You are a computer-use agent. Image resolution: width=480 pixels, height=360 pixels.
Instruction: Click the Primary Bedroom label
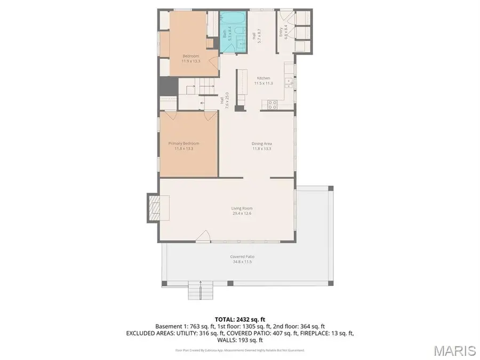(184, 143)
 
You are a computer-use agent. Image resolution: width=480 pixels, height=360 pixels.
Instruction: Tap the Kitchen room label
(262, 78)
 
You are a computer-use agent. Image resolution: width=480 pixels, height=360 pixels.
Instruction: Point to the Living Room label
(242, 209)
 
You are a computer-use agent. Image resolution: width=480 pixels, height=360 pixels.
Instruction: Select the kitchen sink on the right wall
(288, 82)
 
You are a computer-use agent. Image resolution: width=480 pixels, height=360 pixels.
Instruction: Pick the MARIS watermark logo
(454, 350)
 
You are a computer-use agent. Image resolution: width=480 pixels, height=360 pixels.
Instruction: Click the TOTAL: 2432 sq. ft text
(240, 318)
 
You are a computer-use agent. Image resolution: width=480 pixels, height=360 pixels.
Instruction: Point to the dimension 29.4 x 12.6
(242, 213)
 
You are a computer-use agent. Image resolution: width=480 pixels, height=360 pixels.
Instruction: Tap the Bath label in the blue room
(224, 33)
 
